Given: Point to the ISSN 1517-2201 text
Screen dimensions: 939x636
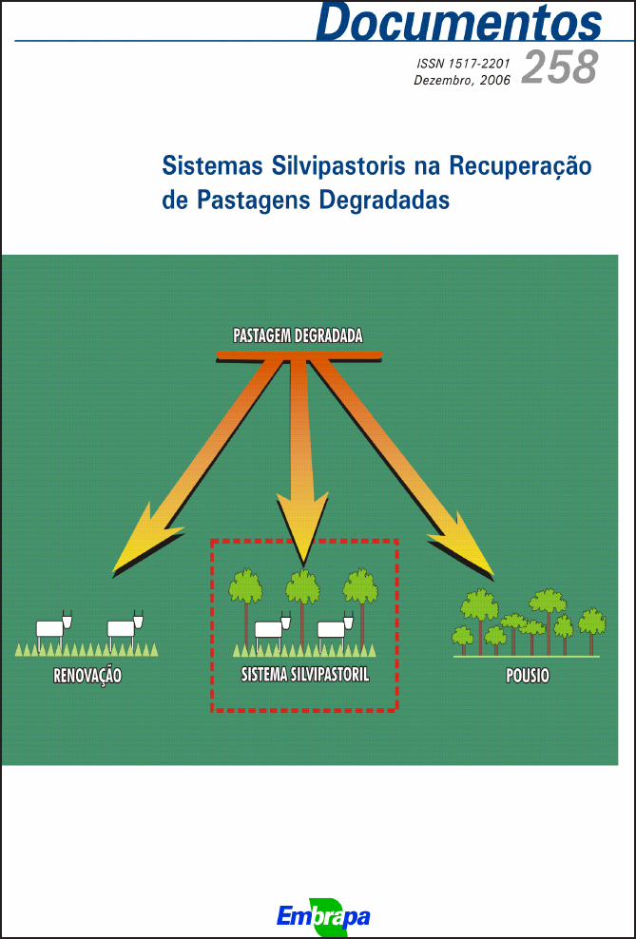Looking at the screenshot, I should tap(463, 64).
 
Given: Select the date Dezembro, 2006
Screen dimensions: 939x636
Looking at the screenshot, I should tap(462, 81).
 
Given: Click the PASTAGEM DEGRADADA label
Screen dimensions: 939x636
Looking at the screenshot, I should tap(298, 335).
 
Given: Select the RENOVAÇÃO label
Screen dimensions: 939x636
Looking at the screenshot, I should tap(88, 677).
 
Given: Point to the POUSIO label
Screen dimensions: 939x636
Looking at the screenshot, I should tap(528, 677).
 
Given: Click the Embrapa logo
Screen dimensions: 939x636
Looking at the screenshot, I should tap(322, 915).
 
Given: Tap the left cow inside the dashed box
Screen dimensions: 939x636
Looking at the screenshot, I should tap(271, 628).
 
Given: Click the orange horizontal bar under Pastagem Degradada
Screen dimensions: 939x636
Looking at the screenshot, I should tap(299, 355).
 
